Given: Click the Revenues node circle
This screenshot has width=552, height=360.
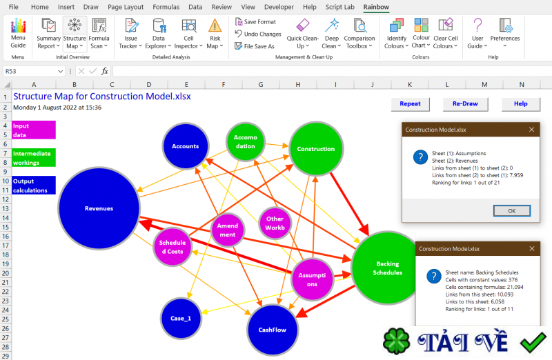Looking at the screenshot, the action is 99,208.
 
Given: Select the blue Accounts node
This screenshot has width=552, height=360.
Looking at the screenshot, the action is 186,146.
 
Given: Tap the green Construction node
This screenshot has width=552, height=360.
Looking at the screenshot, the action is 316,148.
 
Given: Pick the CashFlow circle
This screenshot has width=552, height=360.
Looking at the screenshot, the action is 273,330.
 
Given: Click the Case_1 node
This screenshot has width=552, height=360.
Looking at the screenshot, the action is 181,318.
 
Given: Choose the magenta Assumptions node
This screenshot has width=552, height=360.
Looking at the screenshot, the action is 312,280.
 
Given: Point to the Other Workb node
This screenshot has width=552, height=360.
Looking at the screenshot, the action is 275,223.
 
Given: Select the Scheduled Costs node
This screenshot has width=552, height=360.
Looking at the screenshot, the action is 172,247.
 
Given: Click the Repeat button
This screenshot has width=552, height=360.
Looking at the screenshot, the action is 410,104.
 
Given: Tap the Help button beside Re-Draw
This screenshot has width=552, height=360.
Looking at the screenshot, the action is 521,104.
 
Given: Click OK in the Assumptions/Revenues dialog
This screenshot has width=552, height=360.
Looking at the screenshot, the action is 512,211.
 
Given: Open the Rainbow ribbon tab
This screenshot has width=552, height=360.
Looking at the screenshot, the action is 376,7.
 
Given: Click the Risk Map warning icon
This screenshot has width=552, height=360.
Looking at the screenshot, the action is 215,26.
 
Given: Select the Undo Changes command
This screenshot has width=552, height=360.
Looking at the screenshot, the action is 258,34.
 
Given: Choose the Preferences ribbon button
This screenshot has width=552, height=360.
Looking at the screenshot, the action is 505,34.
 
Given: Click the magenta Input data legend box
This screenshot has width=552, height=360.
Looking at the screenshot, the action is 34,130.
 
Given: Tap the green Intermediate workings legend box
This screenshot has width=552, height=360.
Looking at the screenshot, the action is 34,158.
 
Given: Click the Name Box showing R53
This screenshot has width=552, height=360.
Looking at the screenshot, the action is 34,71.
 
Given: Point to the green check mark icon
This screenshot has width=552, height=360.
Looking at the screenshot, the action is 533,341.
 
